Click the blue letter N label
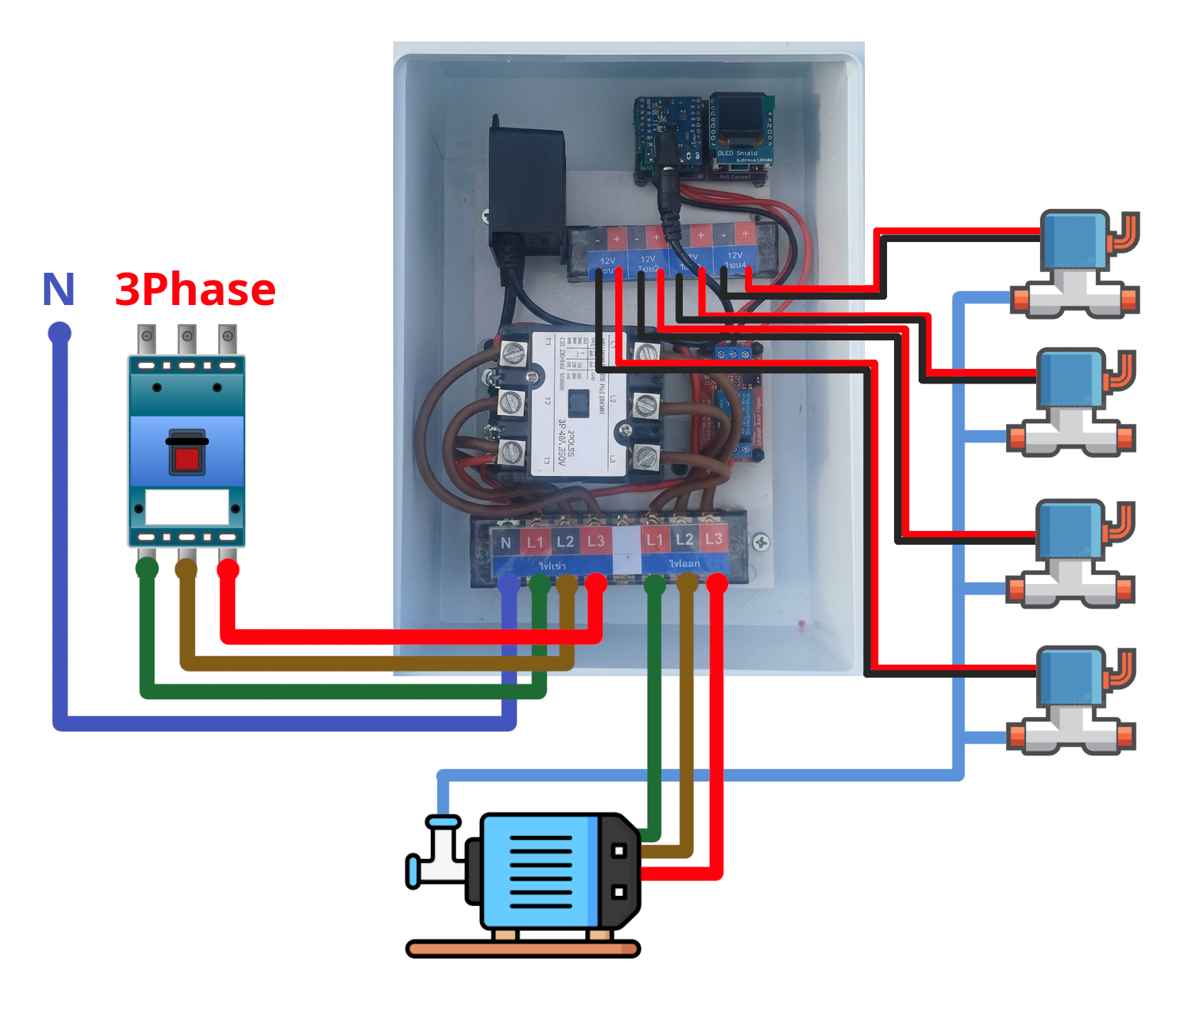[x=58, y=290]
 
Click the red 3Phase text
[x=195, y=290]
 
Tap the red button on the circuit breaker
[x=187, y=459]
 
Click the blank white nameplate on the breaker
[x=187, y=507]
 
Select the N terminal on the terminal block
[x=505, y=542]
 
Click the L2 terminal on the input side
[x=565, y=542]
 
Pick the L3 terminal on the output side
[x=714, y=539]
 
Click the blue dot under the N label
[x=59, y=333]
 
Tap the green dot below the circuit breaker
[x=147, y=569]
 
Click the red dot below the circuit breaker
[x=228, y=569]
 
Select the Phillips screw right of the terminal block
[x=760, y=542]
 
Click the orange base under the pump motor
[x=523, y=949]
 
